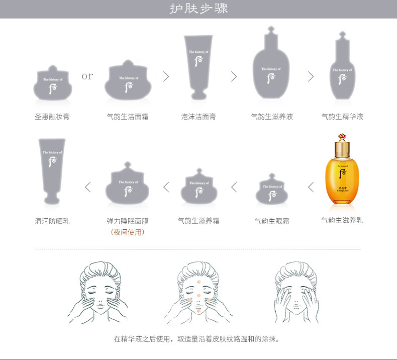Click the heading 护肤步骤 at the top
coord(198,9)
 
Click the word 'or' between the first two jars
coord(87,76)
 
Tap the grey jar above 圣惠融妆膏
coord(52,82)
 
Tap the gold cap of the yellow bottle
coord(342,147)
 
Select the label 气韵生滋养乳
coord(342,220)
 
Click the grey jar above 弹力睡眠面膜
coord(128,184)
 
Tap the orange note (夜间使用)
coord(128,232)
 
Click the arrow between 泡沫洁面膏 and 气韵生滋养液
coord(234,76)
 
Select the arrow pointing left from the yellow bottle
coord(311,187)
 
